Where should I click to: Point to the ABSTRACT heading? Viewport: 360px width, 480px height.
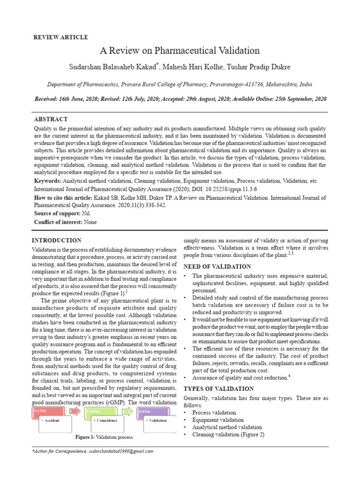[51, 120]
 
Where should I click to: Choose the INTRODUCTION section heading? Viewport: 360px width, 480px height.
[56, 240]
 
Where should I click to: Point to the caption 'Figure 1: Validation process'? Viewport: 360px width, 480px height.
[104, 437]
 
